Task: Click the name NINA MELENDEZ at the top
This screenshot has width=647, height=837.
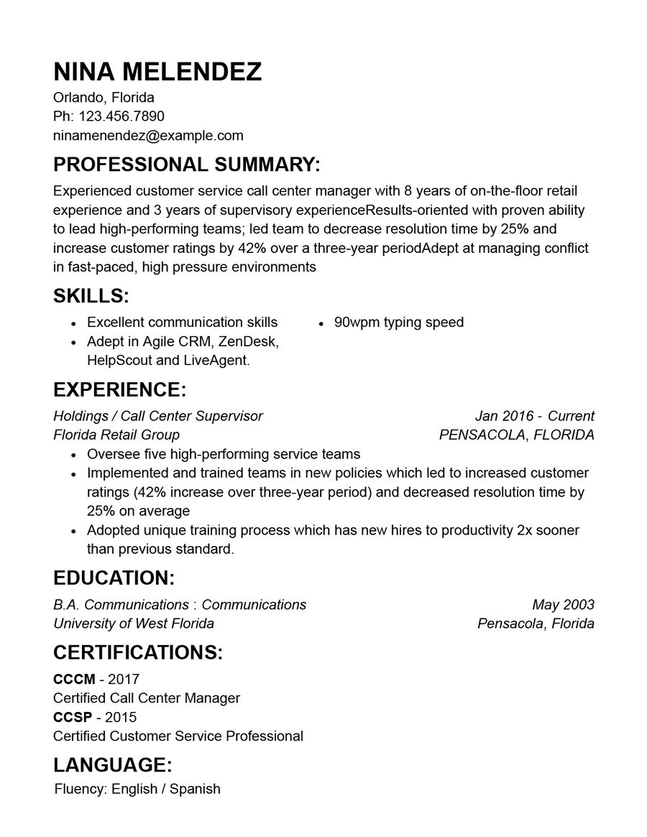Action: [x=157, y=72]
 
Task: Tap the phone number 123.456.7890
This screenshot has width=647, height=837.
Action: [x=121, y=116]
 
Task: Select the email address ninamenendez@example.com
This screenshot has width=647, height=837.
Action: [x=148, y=135]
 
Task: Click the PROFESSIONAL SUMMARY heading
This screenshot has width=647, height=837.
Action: [x=187, y=165]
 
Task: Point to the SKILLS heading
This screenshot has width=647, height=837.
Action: [x=91, y=296]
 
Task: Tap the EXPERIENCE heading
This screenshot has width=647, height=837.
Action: [x=119, y=390]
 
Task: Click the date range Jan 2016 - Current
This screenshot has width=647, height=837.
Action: [x=534, y=416]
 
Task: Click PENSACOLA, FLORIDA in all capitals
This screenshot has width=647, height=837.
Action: [x=516, y=435]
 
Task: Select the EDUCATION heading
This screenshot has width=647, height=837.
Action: [x=114, y=578]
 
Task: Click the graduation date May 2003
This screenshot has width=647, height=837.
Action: [x=563, y=605]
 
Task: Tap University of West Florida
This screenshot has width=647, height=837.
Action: [x=134, y=624]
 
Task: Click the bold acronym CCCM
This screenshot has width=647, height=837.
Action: [x=74, y=679]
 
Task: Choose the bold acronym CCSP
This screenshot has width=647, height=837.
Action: [x=73, y=717]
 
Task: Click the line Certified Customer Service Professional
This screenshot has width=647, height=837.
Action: [x=178, y=736]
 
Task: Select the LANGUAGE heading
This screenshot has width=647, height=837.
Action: [x=112, y=764]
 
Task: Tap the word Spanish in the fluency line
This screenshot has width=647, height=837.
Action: [x=195, y=789]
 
